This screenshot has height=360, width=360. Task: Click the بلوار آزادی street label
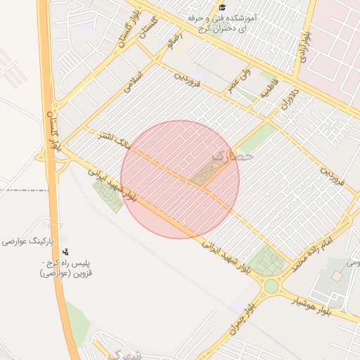click(302, 45)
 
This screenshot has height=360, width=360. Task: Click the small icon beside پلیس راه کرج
click(66, 251)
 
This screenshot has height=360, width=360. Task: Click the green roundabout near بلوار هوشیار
click(271, 286)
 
